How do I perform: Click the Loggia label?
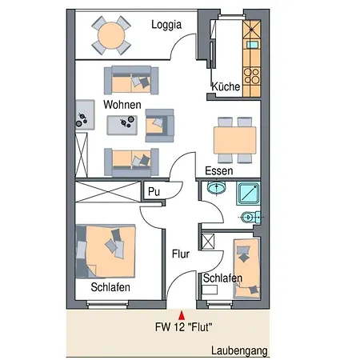tap(166, 25)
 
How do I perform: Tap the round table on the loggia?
tap(111, 35)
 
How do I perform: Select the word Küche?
tap(226, 86)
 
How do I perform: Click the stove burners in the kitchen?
tap(252, 76)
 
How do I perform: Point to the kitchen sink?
tap(252, 45)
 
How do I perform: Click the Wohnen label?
tap(122, 105)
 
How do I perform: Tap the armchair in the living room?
tap(159, 126)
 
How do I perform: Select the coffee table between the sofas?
tap(122, 125)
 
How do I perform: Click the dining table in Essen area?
tap(234, 140)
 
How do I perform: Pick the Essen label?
tap(218, 170)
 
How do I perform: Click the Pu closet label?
tap(154, 191)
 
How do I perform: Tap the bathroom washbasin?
tap(216, 187)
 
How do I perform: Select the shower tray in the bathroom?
tap(248, 194)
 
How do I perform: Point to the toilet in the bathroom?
tap(250, 218)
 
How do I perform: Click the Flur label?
tap(181, 254)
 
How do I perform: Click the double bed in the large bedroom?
tap(106, 251)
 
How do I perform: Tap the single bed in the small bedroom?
tap(246, 269)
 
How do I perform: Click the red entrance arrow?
tap(182, 315)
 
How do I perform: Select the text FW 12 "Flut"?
tap(184, 327)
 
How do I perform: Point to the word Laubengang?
tap(239, 351)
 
